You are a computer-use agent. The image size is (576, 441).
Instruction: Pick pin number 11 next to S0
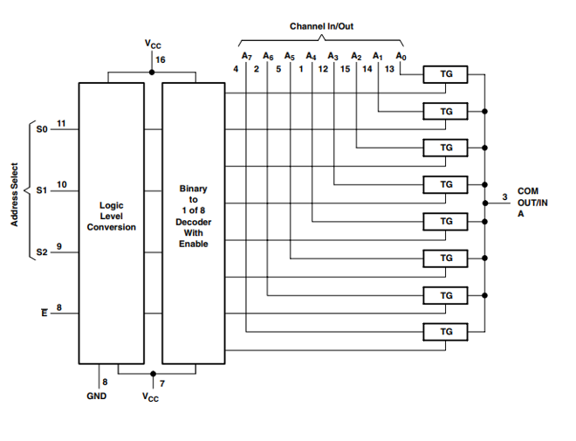[x=60, y=122]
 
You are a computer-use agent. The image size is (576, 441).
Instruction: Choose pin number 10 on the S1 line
[x=60, y=183]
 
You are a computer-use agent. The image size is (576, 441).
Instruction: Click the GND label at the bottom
[x=96, y=396]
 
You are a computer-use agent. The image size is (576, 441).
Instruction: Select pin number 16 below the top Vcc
[x=160, y=59]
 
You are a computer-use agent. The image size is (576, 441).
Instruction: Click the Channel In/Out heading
[x=320, y=27]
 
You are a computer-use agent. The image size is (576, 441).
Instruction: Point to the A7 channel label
[x=247, y=56]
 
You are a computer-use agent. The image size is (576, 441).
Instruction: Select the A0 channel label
[x=401, y=56]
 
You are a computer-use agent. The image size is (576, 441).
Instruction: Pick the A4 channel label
[x=312, y=56]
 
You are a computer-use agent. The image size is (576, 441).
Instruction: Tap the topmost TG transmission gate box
[x=446, y=75]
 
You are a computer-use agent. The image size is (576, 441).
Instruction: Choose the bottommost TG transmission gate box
[x=446, y=332]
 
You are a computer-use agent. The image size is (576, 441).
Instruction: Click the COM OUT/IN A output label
[x=534, y=201]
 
